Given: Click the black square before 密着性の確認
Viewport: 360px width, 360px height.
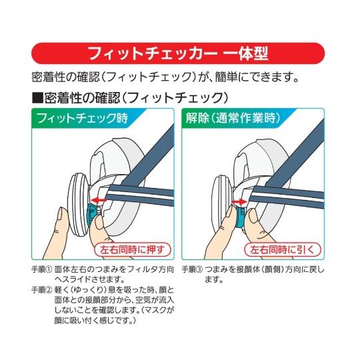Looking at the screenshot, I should (36, 97).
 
